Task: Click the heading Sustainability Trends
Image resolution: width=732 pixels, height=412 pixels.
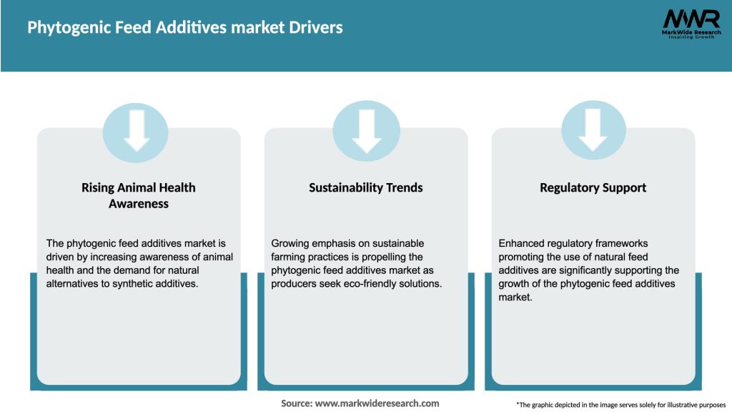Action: (x=366, y=187)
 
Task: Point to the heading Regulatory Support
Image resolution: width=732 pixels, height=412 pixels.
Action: (x=593, y=187)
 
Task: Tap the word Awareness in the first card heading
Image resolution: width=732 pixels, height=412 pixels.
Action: (x=139, y=203)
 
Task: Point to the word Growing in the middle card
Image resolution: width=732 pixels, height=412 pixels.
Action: (x=291, y=243)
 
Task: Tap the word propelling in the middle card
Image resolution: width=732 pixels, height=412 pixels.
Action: (x=398, y=257)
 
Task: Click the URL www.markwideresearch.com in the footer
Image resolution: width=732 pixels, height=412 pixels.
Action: (x=377, y=403)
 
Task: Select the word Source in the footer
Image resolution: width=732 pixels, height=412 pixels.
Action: (x=296, y=403)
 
